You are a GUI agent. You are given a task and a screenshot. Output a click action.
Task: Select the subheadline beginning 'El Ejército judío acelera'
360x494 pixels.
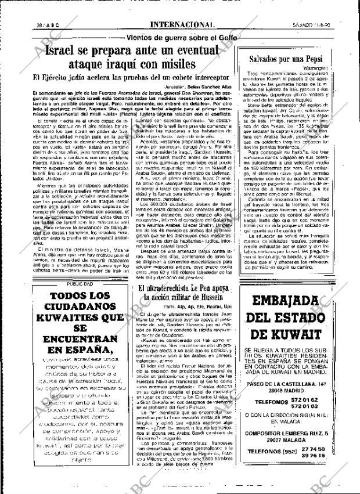[126, 78]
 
